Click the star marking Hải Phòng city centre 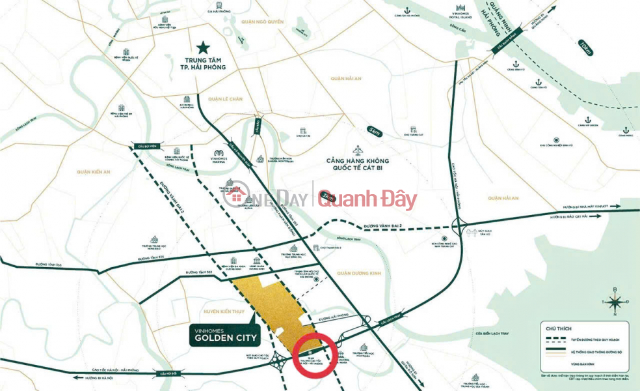[x=204, y=47]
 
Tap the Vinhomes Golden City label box [x=226, y=334]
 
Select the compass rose [x=615, y=300]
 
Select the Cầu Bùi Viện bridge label [x=142, y=147]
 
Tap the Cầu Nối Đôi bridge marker [x=166, y=374]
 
